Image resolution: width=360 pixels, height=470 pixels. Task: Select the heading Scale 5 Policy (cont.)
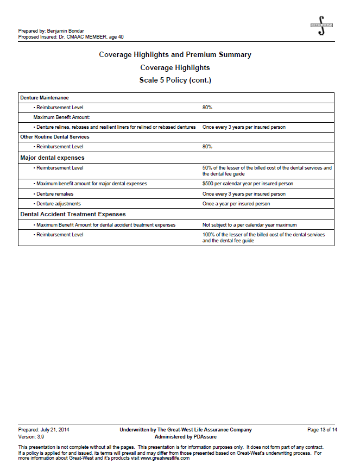click(x=175, y=80)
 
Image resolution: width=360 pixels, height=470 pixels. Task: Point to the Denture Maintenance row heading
click(x=45, y=98)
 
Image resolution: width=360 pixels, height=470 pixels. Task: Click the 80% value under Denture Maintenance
click(x=207, y=108)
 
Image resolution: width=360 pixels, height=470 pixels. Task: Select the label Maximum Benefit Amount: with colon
click(x=54, y=117)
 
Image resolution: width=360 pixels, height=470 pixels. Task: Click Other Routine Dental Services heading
click(x=55, y=137)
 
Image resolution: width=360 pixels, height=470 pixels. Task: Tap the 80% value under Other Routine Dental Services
click(x=207, y=147)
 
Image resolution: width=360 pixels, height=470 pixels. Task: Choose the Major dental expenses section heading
click(x=52, y=158)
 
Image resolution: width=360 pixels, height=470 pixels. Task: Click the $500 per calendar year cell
click(x=248, y=184)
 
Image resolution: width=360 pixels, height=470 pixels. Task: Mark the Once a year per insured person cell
click(x=236, y=204)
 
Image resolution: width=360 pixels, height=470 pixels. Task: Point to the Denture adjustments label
click(x=59, y=204)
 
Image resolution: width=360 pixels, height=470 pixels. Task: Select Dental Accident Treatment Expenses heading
click(x=73, y=214)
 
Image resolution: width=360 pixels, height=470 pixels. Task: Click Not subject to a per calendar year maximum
click(x=250, y=224)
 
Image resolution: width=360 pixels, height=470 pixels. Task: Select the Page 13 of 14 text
click(x=322, y=430)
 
